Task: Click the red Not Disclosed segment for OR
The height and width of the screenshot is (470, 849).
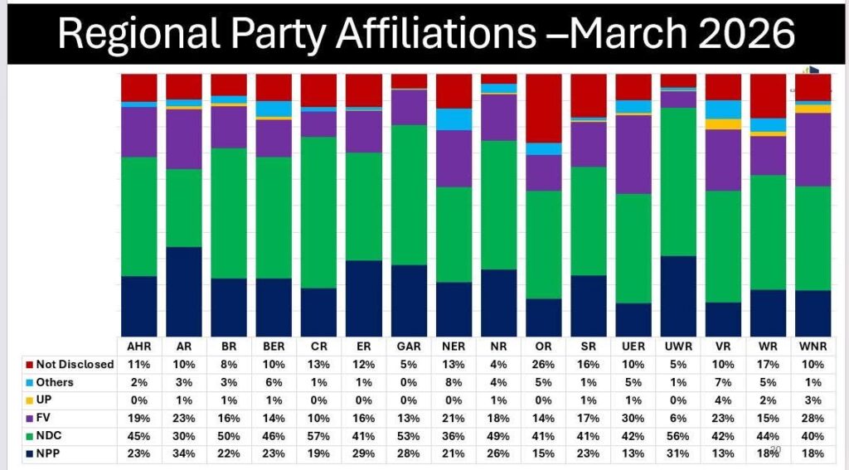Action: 544,108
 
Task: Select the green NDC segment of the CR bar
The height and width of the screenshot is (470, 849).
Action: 318,212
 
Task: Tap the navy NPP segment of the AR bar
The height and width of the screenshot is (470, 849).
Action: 183,291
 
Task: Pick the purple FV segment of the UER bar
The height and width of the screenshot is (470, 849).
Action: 633,154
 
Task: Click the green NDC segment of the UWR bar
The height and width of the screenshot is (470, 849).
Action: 678,182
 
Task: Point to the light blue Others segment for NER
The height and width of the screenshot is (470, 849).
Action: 454,119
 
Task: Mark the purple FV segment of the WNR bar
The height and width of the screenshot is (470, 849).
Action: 813,149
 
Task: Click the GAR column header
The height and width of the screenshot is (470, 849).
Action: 408,346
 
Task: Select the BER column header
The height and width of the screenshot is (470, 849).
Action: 273,346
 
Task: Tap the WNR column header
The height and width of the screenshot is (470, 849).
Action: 813,346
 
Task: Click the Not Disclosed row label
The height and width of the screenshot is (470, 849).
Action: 75,365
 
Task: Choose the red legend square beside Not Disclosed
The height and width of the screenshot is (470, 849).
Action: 30,365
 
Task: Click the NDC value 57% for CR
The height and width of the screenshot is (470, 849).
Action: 318,435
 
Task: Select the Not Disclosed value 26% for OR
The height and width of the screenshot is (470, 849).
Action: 544,365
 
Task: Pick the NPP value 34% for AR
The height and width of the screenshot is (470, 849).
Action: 183,453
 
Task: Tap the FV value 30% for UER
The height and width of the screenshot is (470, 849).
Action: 633,418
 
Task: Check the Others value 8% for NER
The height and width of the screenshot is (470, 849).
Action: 454,382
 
